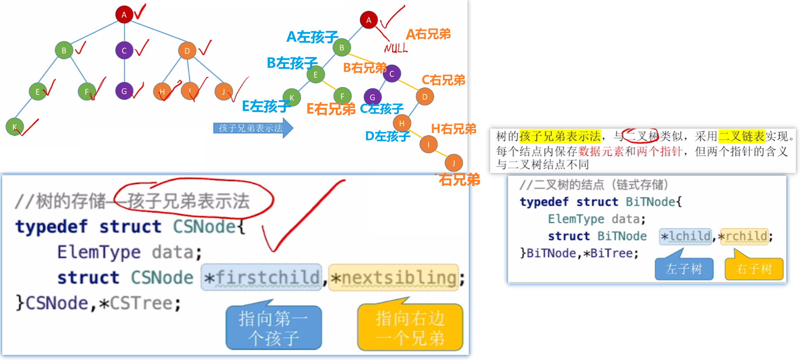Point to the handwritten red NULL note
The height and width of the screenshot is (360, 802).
pyautogui.click(x=396, y=48)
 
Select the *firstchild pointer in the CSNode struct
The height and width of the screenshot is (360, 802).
pyautogui.click(x=262, y=277)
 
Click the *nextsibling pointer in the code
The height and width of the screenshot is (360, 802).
pyautogui.click(x=393, y=277)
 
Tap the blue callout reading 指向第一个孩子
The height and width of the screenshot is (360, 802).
pyautogui.click(x=273, y=328)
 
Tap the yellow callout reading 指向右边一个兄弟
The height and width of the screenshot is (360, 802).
pyautogui.click(x=410, y=328)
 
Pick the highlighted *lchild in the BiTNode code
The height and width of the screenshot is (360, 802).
pyautogui.click(x=686, y=236)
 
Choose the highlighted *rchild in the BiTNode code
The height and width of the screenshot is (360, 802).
pyautogui.click(x=744, y=236)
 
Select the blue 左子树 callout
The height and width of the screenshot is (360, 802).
pyautogui.click(x=684, y=268)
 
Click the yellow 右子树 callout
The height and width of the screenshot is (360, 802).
pyautogui.click(x=754, y=268)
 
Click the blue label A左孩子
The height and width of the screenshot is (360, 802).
pyautogui.click(x=312, y=37)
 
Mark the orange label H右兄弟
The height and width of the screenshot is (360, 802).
pyautogui.click(x=454, y=129)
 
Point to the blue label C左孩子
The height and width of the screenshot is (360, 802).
pyautogui.click(x=382, y=109)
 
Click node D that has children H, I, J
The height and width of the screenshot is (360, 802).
pyautogui.click(x=187, y=51)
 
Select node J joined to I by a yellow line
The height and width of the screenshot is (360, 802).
pyautogui.click(x=454, y=163)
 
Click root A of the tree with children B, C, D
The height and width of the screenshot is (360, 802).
pyautogui.click(x=124, y=14)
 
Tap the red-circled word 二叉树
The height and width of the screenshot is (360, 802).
pyautogui.click(x=641, y=136)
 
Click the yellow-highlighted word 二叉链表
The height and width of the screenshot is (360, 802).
pyautogui.click(x=741, y=136)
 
